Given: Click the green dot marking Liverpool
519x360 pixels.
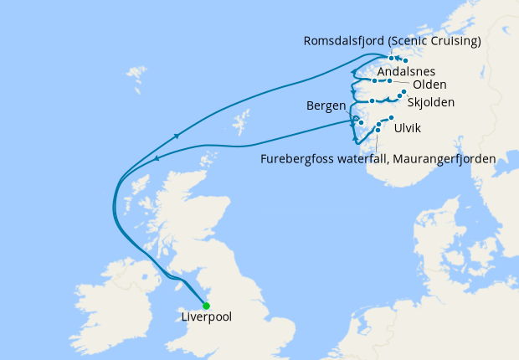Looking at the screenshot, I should (206, 306).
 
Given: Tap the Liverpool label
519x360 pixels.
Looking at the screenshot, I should (206, 318).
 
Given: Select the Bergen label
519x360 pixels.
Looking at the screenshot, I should (326, 107).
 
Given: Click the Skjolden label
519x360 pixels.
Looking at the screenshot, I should (430, 103).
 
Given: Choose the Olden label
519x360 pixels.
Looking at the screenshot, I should (430, 85).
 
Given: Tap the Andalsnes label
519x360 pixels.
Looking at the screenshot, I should (406, 72).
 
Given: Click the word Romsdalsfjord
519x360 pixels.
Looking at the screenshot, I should (345, 40).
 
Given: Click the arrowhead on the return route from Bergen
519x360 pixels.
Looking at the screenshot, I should (158, 156).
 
